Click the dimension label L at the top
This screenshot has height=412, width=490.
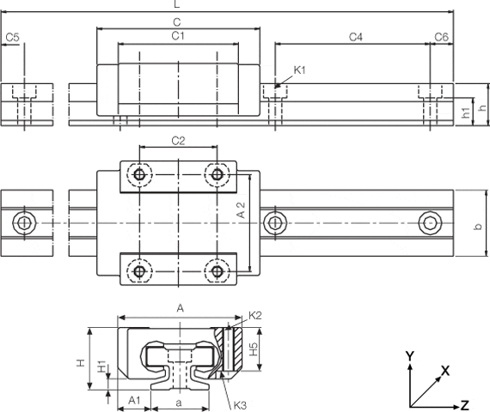click(x=177, y=4)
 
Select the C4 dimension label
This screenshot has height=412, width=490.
click(x=356, y=38)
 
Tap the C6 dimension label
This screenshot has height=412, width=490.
click(x=442, y=38)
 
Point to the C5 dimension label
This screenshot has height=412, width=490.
click(x=13, y=38)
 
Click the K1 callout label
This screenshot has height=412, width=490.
click(x=299, y=70)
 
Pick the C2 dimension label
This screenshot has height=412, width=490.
click(x=178, y=141)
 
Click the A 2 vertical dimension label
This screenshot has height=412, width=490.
click(x=242, y=210)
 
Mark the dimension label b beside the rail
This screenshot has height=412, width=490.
click(x=478, y=227)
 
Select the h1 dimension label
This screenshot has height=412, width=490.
click(x=466, y=112)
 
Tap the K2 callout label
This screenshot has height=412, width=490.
click(x=255, y=316)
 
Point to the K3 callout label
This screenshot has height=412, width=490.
click(x=240, y=406)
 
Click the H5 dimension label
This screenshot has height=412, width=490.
click(x=254, y=349)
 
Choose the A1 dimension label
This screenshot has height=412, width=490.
click(x=134, y=400)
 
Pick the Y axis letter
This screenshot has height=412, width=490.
click(x=409, y=356)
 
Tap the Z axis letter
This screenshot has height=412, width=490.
click(x=465, y=405)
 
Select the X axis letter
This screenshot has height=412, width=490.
click(x=445, y=371)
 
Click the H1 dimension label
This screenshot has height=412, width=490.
click(x=101, y=367)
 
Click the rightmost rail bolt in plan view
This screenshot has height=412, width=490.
click(x=430, y=223)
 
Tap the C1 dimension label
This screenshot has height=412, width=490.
click(x=178, y=36)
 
